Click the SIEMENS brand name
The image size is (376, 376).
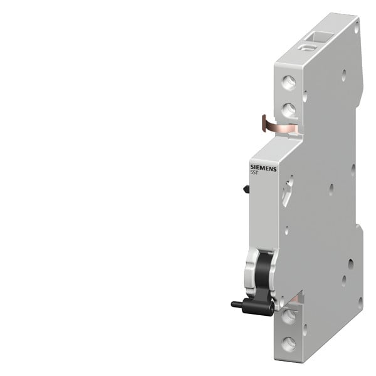[263, 168]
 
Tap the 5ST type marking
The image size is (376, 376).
[254, 173]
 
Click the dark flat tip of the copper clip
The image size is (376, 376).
[264, 123]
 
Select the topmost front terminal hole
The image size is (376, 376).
[288, 83]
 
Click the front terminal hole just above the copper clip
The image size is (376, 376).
[288, 110]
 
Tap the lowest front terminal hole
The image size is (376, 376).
[288, 344]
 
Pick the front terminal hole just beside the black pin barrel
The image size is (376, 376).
[288, 316]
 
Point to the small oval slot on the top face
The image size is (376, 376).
[307, 47]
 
